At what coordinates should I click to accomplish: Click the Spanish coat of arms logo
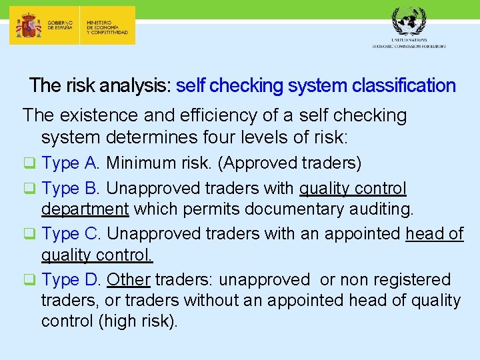point(29,26)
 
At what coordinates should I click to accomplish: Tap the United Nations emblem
point(408,22)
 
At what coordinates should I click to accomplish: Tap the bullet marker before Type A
point(31,163)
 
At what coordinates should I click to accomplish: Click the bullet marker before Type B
point(31,189)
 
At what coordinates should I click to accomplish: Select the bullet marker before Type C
point(31,234)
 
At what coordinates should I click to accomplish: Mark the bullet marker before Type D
point(31,279)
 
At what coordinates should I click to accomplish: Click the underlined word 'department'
point(85,209)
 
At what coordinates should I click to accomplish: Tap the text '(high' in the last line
point(120,321)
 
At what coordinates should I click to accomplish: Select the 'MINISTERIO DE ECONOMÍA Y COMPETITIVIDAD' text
point(107,26)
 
